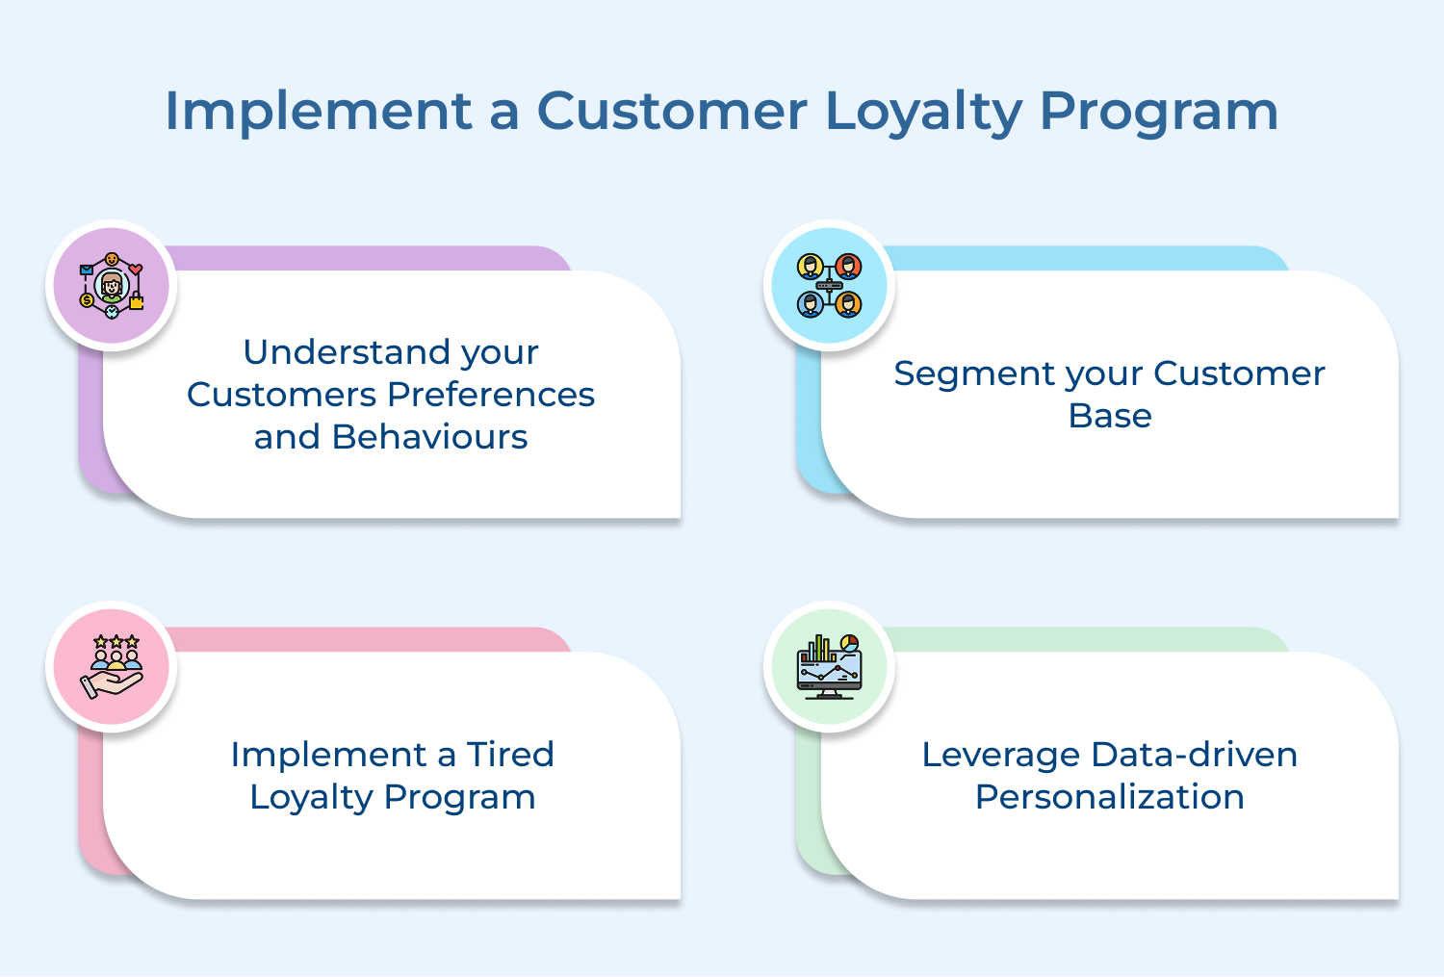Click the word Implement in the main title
tap(318, 111)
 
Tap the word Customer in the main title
tap(671, 111)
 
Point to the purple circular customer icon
tap(112, 286)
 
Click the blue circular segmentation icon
tap(829, 286)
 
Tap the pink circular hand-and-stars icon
tap(112, 666)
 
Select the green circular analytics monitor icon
tap(829, 666)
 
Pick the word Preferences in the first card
tap(491, 395)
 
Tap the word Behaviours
tap(429, 437)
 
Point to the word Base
tap(1110, 416)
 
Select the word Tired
tap(510, 755)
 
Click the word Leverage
tap(1001, 755)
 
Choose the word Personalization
tap(1110, 797)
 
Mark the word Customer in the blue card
tap(1239, 373)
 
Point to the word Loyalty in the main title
tap(923, 111)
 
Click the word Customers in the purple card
tap(282, 395)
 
